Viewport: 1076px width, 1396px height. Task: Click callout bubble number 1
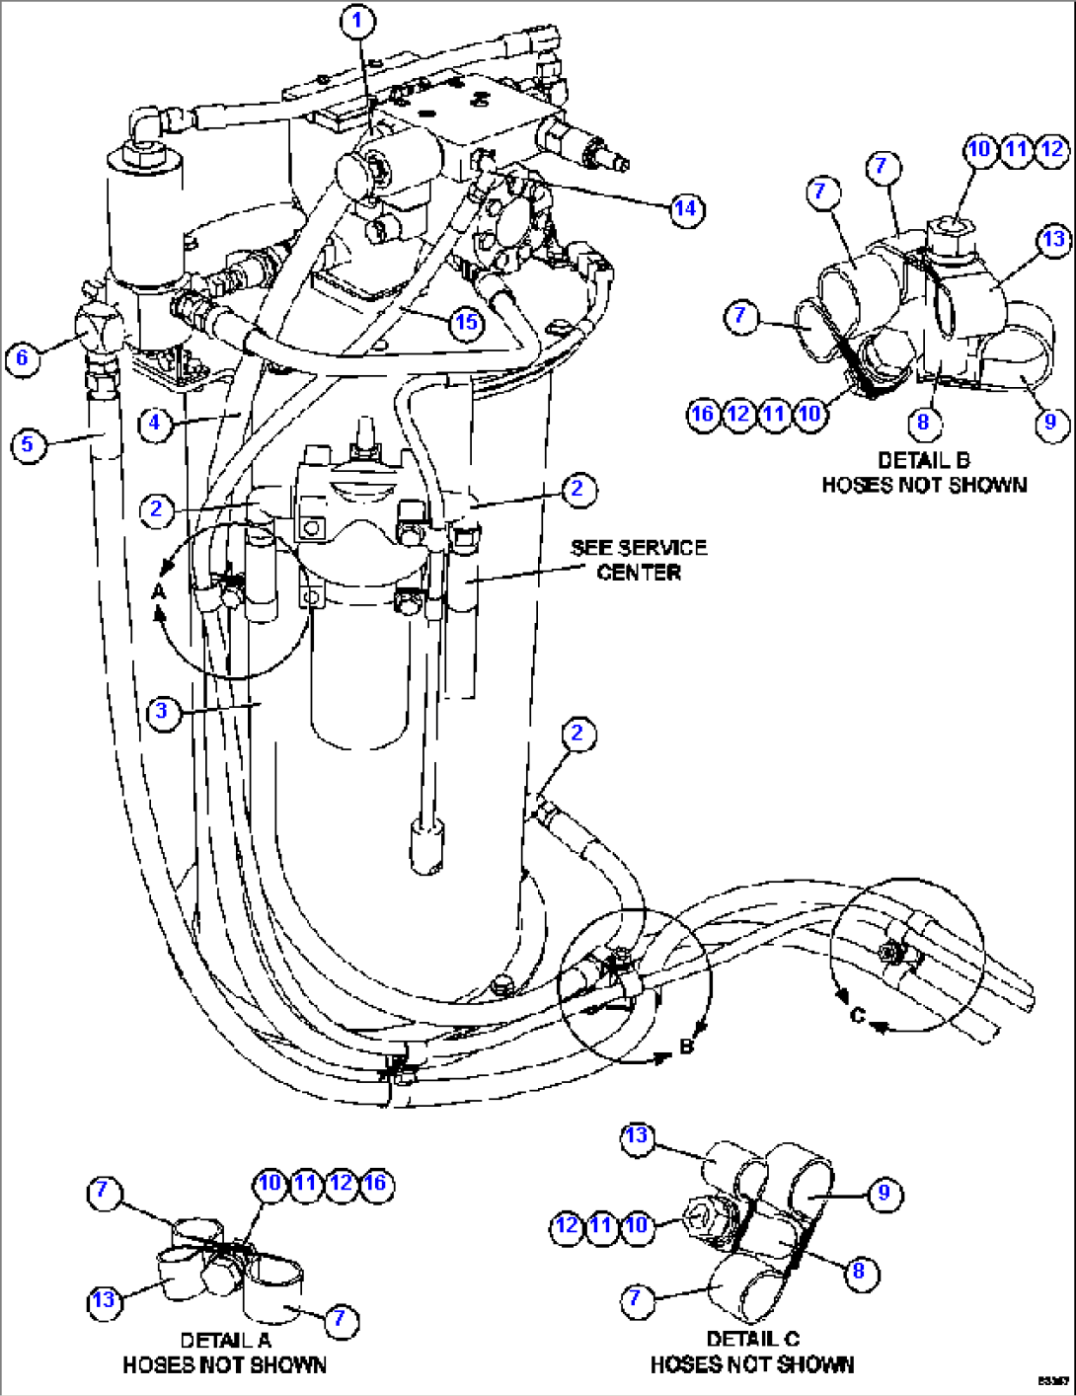[x=358, y=21]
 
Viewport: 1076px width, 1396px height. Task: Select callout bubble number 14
[x=684, y=208]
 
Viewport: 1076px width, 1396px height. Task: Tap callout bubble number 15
[x=465, y=321]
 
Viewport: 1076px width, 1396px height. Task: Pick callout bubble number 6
[x=23, y=356]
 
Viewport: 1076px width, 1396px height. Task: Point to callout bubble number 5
[x=28, y=444]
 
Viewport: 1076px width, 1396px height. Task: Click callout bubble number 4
[x=154, y=424]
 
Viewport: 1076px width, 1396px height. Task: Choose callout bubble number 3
[x=163, y=711]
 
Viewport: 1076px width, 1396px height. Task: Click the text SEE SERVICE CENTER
[x=639, y=560]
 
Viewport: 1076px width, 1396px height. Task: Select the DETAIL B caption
[x=924, y=473]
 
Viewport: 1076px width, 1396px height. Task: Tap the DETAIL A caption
[x=224, y=1353]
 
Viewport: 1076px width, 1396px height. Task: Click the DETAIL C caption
[x=752, y=1352]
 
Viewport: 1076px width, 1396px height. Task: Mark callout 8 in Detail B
[x=923, y=423]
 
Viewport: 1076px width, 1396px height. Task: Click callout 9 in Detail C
[x=884, y=1193]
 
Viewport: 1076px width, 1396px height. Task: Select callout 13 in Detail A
[x=104, y=1299]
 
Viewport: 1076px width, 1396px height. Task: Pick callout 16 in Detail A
[x=376, y=1183]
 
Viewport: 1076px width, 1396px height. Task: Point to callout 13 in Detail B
[x=1053, y=239]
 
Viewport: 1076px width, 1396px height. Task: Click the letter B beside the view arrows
[x=687, y=1047]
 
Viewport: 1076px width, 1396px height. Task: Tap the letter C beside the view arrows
[x=857, y=1016]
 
